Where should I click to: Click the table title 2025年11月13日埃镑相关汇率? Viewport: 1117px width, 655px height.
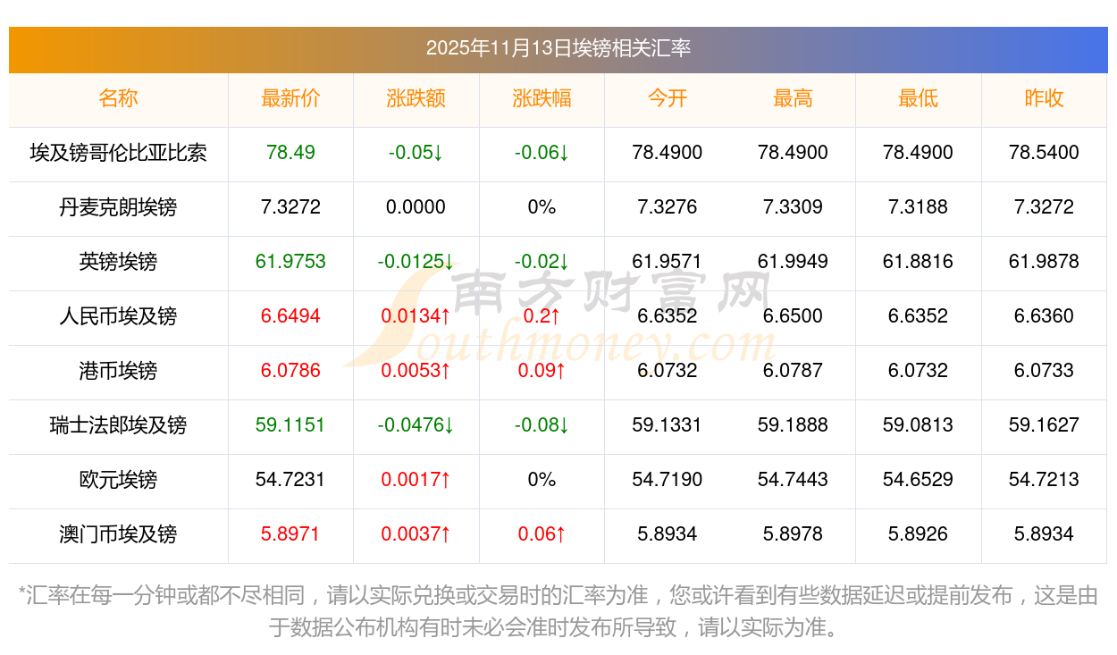pyautogui.click(x=558, y=48)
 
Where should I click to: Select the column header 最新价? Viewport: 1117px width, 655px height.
pyautogui.click(x=290, y=98)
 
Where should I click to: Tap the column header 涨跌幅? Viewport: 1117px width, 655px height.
pyautogui.click(x=542, y=98)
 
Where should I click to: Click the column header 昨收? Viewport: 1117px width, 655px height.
pyautogui.click(x=1044, y=98)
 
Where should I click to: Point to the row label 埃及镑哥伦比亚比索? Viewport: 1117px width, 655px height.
pyautogui.click(x=118, y=153)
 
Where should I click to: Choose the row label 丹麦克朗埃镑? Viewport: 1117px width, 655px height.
pyautogui.click(x=118, y=207)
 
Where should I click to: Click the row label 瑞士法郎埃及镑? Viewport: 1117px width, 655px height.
pyautogui.click(x=118, y=425)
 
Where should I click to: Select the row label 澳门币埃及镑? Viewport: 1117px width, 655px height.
pyautogui.click(x=118, y=534)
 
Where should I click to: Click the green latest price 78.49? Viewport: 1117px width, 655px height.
pyautogui.click(x=290, y=153)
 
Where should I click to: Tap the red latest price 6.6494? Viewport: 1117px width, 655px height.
pyautogui.click(x=290, y=316)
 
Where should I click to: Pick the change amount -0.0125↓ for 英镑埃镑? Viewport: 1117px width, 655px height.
pyautogui.click(x=416, y=262)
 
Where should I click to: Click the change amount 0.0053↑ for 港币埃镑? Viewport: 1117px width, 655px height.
pyautogui.click(x=416, y=371)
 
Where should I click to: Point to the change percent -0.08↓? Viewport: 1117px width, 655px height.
pyautogui.click(x=542, y=425)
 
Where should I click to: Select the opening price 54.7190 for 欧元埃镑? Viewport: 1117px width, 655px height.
pyautogui.click(x=667, y=480)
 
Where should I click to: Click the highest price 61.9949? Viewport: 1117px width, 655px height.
pyautogui.click(x=793, y=262)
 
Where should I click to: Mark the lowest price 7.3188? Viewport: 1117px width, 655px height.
pyautogui.click(x=918, y=207)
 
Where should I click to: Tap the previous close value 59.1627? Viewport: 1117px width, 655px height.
pyautogui.click(x=1044, y=425)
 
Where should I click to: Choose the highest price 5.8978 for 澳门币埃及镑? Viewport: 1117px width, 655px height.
pyautogui.click(x=793, y=534)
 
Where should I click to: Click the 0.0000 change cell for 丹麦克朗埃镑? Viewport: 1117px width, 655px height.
pyautogui.click(x=416, y=207)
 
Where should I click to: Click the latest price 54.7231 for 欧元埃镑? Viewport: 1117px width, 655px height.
pyautogui.click(x=290, y=480)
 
